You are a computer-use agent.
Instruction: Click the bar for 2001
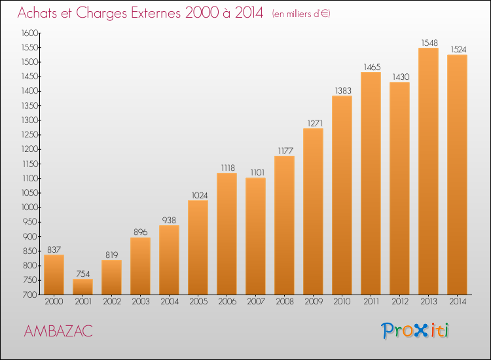click(82, 287)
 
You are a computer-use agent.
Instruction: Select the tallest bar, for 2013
click(428, 171)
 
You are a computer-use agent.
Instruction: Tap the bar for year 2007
click(255, 236)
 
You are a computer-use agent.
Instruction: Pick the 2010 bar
click(342, 195)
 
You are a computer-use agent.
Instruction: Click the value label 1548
click(429, 43)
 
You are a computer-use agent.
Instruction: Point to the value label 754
click(83, 274)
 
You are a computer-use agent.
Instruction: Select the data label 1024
click(200, 195)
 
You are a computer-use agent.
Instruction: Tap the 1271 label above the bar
click(315, 123)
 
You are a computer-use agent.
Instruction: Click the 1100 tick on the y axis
click(29, 179)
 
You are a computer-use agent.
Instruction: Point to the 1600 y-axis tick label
click(29, 33)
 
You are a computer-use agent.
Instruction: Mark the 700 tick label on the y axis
click(30, 295)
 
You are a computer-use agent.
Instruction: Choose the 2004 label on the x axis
click(170, 302)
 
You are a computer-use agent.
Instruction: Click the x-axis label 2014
click(458, 302)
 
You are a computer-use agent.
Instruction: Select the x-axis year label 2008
click(285, 302)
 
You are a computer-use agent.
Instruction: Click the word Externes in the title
click(156, 13)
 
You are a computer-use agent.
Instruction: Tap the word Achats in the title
click(37, 13)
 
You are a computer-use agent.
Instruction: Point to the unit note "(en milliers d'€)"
click(301, 14)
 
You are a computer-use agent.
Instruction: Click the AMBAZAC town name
click(58, 331)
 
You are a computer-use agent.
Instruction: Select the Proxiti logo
click(415, 331)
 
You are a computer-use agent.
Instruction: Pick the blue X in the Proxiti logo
click(420, 331)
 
